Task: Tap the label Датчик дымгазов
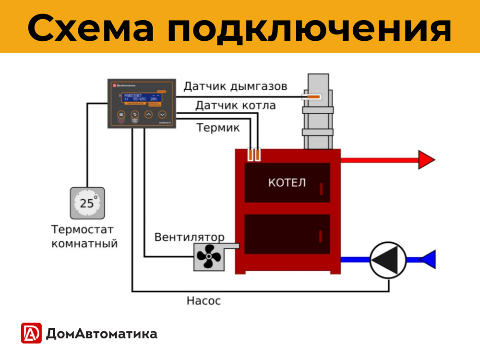pyautogui.click(x=235, y=87)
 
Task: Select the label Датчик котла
pyautogui.click(x=235, y=105)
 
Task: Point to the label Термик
pyautogui.click(x=218, y=128)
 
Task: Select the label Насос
pyautogui.click(x=204, y=301)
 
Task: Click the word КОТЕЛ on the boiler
pyautogui.click(x=287, y=183)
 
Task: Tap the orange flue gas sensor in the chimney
pyautogui.click(x=314, y=97)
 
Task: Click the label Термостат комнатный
pyautogui.click(x=84, y=237)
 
